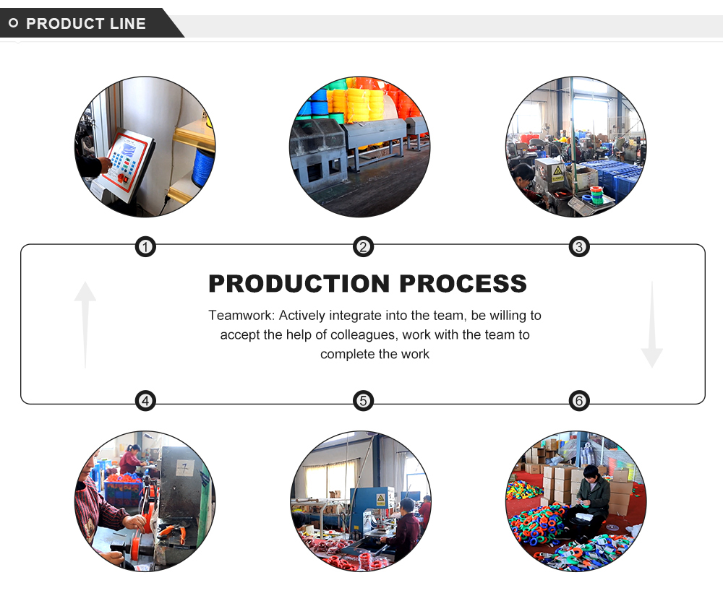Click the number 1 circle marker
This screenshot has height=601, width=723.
pyautogui.click(x=146, y=248)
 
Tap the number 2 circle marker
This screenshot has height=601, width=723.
pyautogui.click(x=363, y=248)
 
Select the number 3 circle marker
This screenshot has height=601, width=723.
pyautogui.click(x=578, y=248)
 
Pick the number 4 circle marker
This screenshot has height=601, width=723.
pyautogui.click(x=146, y=401)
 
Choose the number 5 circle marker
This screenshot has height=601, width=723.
pyautogui.click(x=363, y=401)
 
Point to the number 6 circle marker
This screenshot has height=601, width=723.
pyautogui.click(x=578, y=401)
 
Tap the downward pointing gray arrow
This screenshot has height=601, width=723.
pyautogui.click(x=651, y=325)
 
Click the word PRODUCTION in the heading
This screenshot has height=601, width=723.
pyautogui.click(x=300, y=284)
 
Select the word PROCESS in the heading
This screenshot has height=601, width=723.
pyautogui.click(x=463, y=284)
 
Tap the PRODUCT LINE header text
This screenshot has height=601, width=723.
pyautogui.click(x=86, y=24)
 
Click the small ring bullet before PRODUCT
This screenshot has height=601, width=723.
pyautogui.click(x=13, y=24)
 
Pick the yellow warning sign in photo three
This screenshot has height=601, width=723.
pyautogui.click(x=558, y=173)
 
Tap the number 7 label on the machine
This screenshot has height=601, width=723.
pyautogui.click(x=186, y=467)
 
